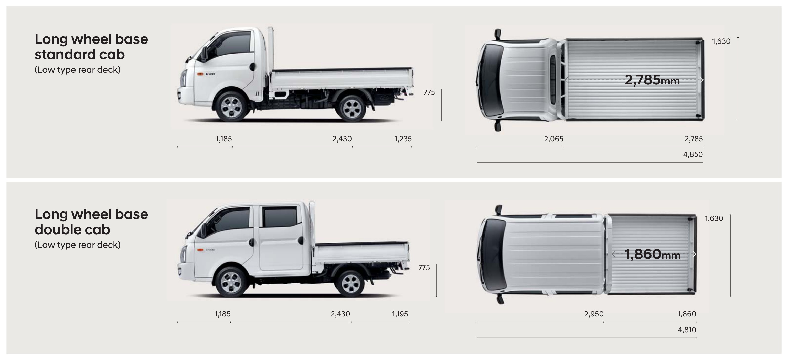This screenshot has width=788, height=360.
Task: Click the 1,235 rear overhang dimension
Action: tap(403, 139)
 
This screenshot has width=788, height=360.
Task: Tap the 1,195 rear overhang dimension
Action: tap(400, 314)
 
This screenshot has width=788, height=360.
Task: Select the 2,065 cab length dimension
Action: tap(553, 139)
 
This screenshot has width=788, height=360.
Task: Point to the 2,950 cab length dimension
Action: tap(594, 314)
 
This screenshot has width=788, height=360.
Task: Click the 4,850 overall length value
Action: tap(693, 154)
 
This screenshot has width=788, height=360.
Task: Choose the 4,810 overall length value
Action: tap(687, 330)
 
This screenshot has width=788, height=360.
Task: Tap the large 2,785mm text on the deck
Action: tap(652, 80)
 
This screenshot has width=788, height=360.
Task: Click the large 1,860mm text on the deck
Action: tap(653, 255)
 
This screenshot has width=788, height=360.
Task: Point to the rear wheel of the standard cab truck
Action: tap(352, 109)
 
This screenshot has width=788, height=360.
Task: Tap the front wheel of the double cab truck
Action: tap(231, 282)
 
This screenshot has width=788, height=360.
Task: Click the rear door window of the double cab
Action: tap(280, 217)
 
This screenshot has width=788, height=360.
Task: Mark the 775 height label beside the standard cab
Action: tap(429, 92)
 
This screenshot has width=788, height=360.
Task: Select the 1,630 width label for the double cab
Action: tap(714, 218)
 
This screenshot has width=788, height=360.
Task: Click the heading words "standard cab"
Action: tap(80, 55)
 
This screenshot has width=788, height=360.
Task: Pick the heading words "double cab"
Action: tap(72, 229)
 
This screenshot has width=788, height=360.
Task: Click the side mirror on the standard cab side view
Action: tap(204, 54)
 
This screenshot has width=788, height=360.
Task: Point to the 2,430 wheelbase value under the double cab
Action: tap(340, 314)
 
